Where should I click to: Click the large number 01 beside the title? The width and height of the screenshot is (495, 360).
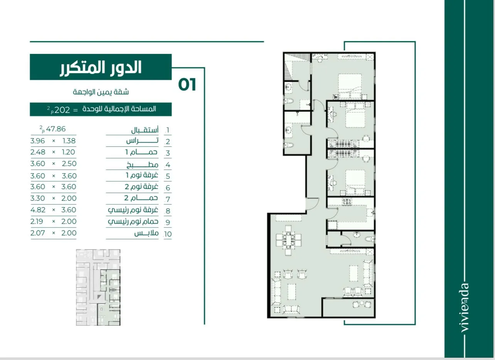[187, 84]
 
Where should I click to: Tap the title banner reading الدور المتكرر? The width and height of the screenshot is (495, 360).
[101, 67]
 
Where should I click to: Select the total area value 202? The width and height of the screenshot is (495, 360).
[62, 110]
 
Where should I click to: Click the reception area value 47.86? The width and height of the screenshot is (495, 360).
[56, 129]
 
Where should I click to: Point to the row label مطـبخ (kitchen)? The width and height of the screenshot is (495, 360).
[142, 165]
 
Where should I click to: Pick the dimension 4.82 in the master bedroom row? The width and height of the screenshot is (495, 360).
[38, 210]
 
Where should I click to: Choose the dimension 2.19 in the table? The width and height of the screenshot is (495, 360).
[37, 221]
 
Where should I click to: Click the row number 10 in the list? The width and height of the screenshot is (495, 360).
[168, 234]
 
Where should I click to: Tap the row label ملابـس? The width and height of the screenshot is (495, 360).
[146, 233]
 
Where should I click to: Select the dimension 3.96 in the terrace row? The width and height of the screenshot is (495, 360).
[37, 141]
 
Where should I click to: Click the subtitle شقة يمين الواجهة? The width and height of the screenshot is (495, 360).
[101, 92]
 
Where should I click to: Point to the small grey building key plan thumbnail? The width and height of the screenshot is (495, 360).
[98, 287]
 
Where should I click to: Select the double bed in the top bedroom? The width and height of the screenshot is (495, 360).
[350, 86]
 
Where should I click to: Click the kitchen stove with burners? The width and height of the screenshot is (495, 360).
[347, 202]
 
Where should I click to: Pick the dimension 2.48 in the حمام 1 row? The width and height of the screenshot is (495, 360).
[38, 152]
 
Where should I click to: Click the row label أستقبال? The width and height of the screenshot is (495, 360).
[145, 130]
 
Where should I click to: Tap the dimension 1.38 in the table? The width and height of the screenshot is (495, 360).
[69, 141]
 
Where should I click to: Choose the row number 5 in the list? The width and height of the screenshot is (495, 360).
[168, 177]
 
